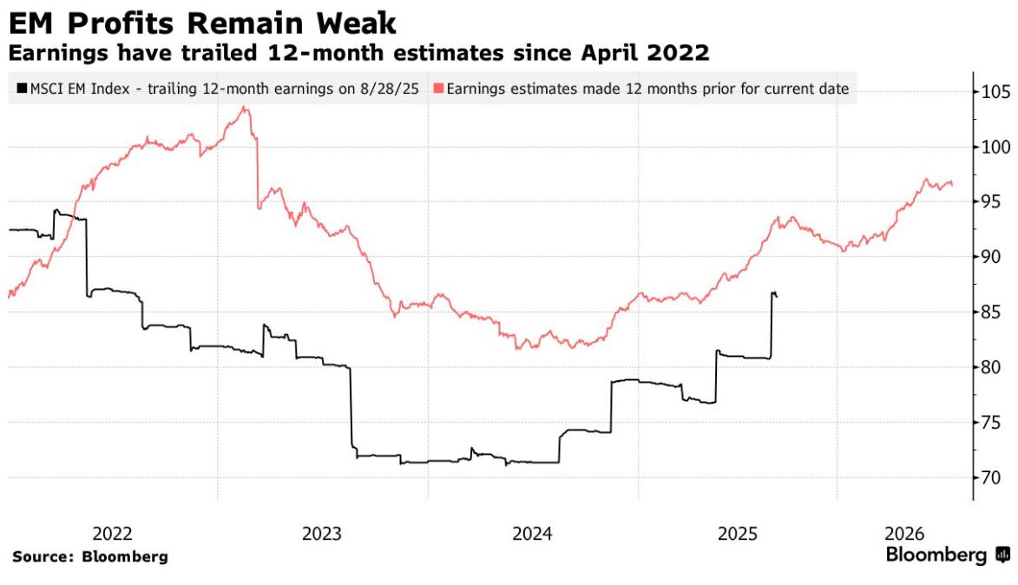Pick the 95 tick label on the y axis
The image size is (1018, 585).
991,202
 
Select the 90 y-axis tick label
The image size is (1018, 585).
991,258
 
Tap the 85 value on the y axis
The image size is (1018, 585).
991,312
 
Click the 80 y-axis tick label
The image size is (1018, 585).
991,368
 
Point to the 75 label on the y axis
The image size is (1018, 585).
991,423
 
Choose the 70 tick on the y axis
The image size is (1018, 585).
991,478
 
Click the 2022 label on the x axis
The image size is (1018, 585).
112,533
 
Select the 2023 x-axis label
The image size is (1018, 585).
322,533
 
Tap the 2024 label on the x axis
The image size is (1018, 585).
533,533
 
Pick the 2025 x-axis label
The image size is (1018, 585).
737,533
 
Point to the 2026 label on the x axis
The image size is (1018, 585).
905,533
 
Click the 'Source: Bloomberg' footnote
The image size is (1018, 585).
90,556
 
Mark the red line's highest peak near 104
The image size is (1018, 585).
245,108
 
